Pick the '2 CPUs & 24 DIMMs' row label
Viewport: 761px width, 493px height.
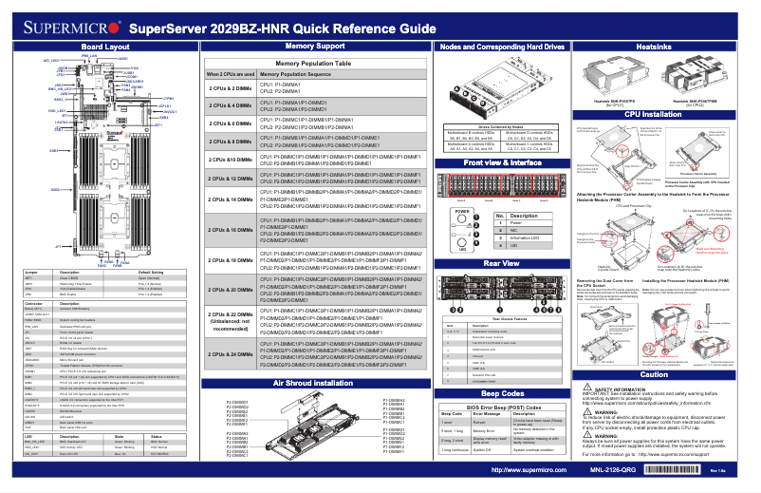[230, 355]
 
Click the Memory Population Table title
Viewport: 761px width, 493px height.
[315, 63]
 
